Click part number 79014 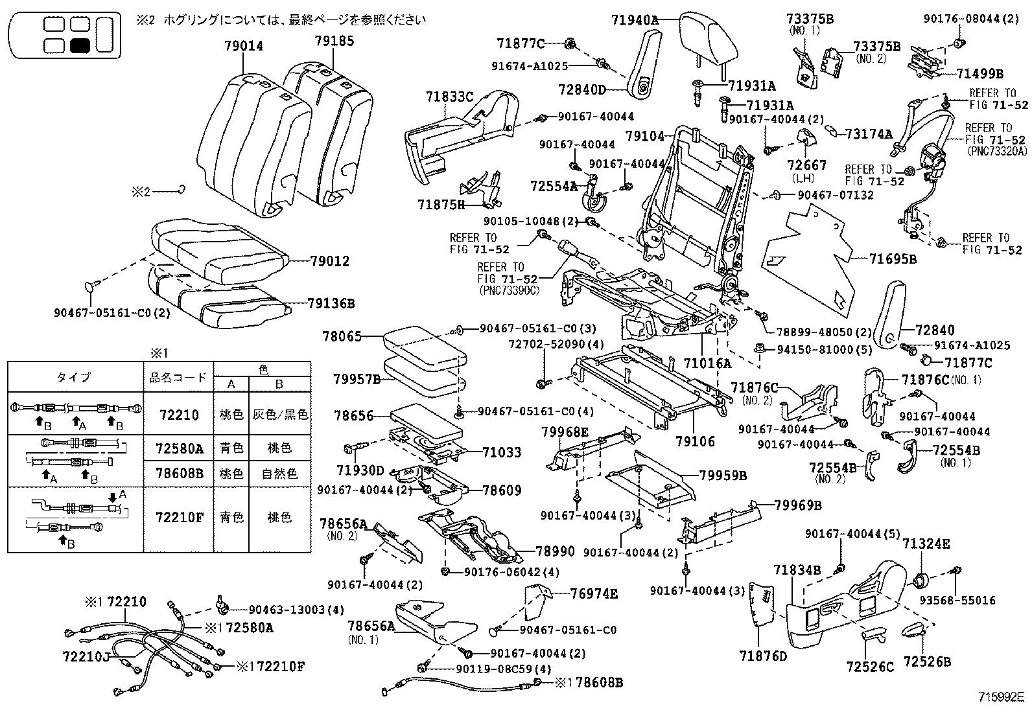[x=243, y=46]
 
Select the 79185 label [x=334, y=41]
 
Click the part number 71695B [x=893, y=259]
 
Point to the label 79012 [x=329, y=262]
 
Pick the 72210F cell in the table [x=179, y=518]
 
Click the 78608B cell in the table [x=179, y=474]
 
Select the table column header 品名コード [x=179, y=377]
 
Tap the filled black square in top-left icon [x=80, y=46]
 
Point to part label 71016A [x=707, y=363]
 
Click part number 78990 [x=555, y=551]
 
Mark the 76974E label [x=594, y=593]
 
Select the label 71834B [x=797, y=570]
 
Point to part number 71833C [x=449, y=97]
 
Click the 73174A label [x=869, y=134]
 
